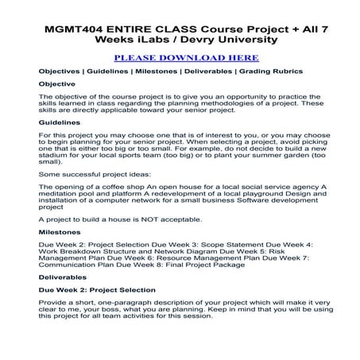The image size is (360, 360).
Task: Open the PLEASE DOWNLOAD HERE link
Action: click(x=186, y=58)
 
